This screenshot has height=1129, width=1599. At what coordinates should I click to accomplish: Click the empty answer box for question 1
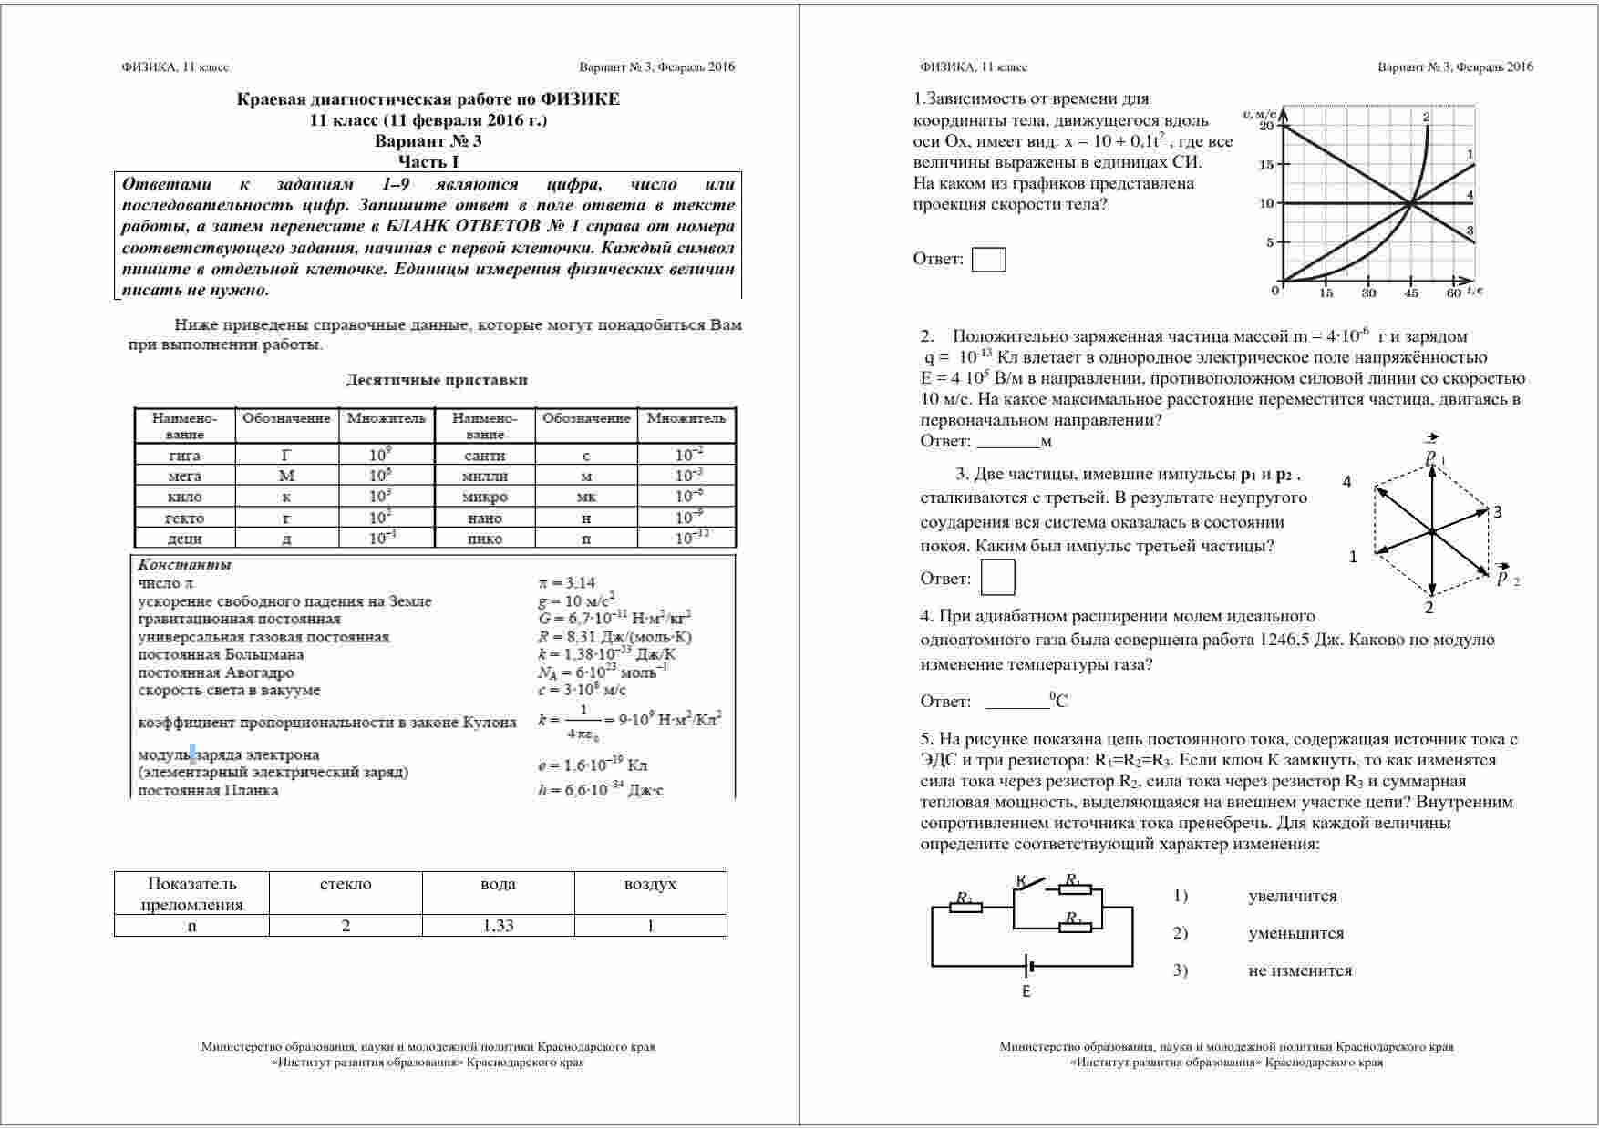tap(988, 260)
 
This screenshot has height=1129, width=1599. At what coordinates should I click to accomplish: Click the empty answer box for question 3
tap(997, 578)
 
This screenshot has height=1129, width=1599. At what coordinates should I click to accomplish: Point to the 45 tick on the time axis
tap(1411, 293)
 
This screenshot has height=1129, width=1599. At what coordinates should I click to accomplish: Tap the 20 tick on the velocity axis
tap(1266, 125)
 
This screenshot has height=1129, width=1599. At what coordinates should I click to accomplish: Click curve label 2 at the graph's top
tap(1426, 117)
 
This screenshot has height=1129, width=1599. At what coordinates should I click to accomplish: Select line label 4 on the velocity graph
tap(1470, 194)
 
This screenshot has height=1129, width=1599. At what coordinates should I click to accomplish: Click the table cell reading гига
tap(184, 456)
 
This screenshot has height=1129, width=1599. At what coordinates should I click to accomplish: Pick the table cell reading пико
tap(485, 539)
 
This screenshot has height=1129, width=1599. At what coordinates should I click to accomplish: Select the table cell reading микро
tap(485, 497)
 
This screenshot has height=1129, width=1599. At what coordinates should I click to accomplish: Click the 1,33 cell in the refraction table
tap(498, 926)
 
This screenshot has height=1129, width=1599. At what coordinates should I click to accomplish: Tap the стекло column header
tap(346, 884)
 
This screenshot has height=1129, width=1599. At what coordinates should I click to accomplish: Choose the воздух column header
tap(650, 884)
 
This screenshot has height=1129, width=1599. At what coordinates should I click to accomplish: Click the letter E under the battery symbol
tap(1026, 991)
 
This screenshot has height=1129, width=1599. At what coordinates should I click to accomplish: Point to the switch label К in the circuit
tap(1021, 880)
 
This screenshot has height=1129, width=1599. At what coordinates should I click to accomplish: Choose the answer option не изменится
tap(1300, 970)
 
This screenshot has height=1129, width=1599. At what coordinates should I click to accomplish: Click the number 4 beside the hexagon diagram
tap(1347, 482)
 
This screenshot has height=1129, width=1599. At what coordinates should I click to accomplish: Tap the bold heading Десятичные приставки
tap(436, 380)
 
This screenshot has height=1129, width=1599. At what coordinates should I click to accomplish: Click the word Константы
tap(184, 565)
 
